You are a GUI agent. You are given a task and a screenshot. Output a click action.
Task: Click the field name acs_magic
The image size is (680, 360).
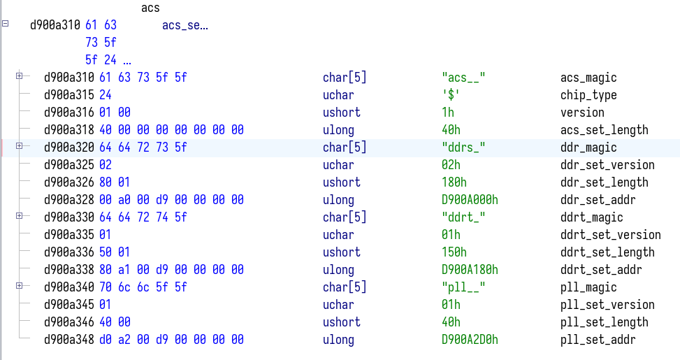pos(588,78)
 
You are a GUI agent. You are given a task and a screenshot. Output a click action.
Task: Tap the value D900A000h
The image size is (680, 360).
pos(470,200)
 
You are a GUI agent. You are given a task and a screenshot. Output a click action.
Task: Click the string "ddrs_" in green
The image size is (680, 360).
pos(464,147)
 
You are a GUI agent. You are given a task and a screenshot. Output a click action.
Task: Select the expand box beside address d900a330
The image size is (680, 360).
pos(20,216)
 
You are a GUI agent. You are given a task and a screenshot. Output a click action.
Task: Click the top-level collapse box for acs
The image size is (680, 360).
pos(6,24)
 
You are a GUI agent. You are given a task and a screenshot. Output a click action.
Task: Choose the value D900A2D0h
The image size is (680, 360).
pos(470,340)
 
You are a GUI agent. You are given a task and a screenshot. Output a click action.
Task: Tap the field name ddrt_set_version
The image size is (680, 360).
pos(610,235)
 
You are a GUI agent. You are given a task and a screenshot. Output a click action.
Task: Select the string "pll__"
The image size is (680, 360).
pos(464,287)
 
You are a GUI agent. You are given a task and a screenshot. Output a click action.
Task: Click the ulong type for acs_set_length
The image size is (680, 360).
pos(338,130)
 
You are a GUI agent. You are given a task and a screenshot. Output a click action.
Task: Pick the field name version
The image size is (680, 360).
pos(582,113)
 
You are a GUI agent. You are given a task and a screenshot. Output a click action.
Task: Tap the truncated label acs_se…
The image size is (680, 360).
pos(185,26)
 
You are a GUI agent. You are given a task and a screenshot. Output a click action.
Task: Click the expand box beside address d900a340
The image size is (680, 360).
pos(20,286)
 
